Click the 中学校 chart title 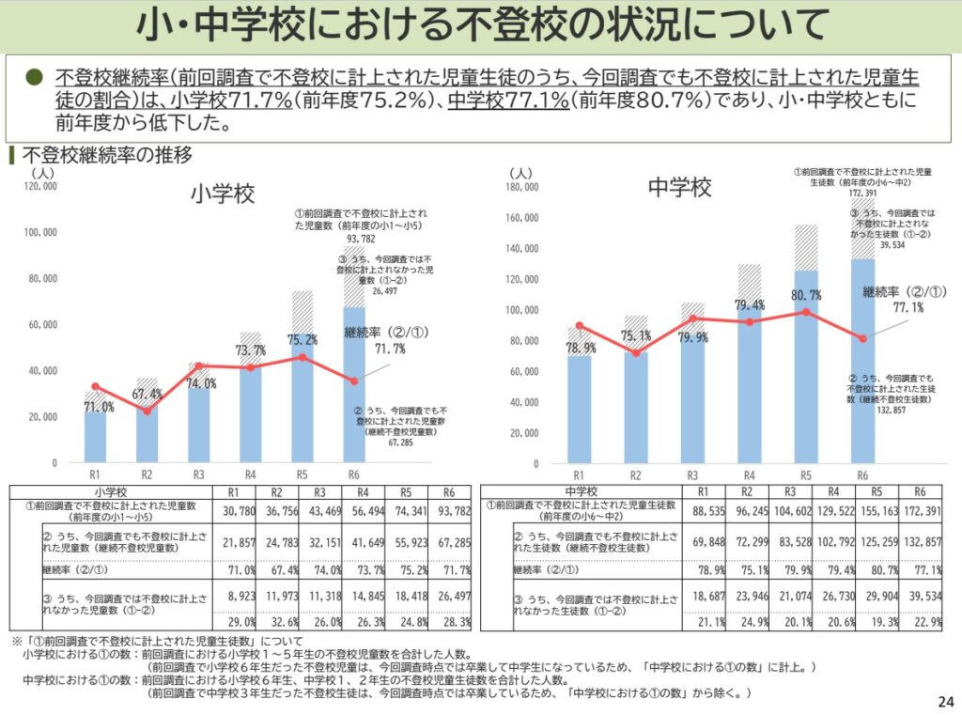(680, 187)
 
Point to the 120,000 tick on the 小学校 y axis (39, 187)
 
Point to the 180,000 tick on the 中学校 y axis (521, 187)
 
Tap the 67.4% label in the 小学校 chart (147, 394)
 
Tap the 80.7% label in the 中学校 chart (805, 295)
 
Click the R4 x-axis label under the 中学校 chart (749, 475)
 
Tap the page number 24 (945, 701)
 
